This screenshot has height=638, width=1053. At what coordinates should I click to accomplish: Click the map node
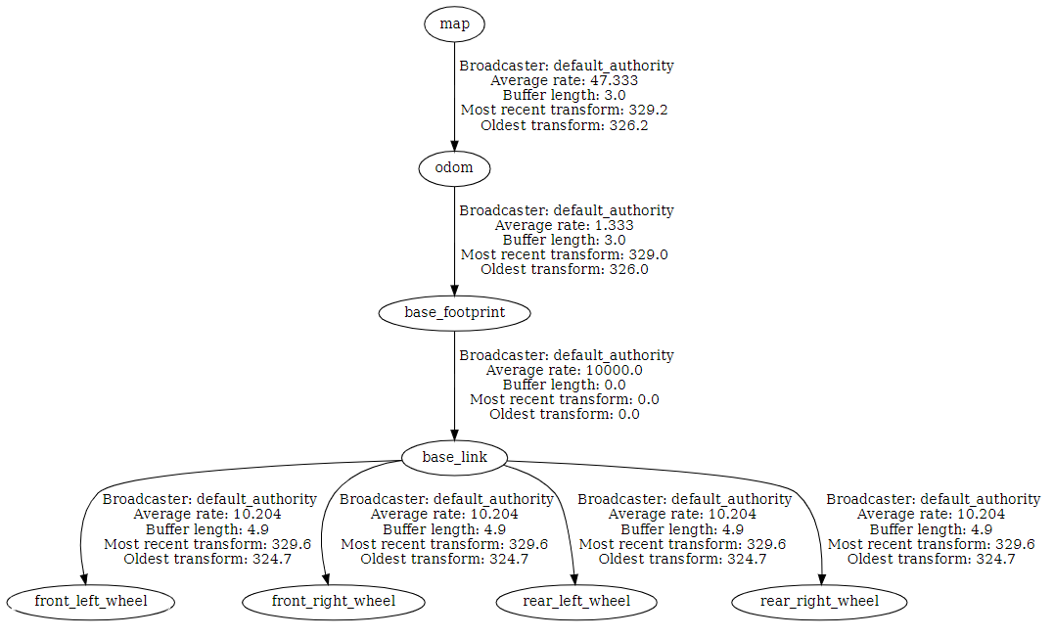click(x=454, y=23)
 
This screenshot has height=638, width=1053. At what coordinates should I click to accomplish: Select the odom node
click(x=454, y=168)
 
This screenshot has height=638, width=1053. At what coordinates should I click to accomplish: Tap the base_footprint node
click(x=454, y=313)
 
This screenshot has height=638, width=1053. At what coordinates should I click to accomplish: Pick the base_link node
click(x=454, y=457)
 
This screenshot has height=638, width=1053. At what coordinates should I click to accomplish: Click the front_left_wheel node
click(x=91, y=601)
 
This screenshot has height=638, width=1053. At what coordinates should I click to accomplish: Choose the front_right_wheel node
click(x=334, y=601)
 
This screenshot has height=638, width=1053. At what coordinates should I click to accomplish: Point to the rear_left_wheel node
click(x=576, y=601)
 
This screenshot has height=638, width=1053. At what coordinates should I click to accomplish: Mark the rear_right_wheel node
click(x=819, y=601)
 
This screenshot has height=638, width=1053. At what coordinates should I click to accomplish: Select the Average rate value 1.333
click(x=613, y=225)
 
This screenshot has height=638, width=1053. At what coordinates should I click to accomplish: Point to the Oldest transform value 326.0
click(x=628, y=269)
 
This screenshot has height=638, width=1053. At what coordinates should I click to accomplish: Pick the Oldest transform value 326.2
click(x=628, y=125)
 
